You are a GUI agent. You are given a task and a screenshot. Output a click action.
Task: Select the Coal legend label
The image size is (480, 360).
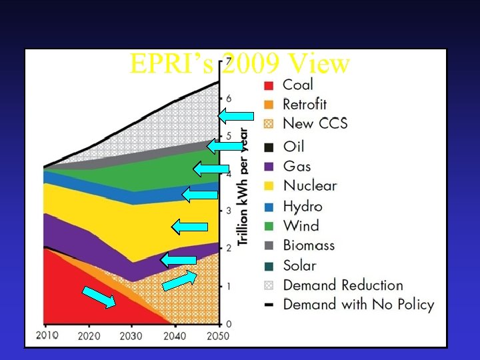tap(298, 85)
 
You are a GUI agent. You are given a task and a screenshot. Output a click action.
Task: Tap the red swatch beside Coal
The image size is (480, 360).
tap(267, 85)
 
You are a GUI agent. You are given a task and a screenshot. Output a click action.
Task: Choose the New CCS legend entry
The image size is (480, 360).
tap(315, 123)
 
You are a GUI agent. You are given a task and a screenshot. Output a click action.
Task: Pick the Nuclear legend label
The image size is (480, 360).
tap(309, 185)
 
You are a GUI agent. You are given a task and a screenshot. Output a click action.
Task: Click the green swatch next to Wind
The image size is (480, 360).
tap(267, 227)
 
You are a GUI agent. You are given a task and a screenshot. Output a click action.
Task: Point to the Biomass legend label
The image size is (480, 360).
tap(309, 245)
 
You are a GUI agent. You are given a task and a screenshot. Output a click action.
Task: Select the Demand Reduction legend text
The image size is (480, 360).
tap(343, 285)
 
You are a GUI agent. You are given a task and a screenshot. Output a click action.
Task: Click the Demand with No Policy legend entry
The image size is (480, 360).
tap(358, 305)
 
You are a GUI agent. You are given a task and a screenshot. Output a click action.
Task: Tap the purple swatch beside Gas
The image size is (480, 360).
tap(267, 167)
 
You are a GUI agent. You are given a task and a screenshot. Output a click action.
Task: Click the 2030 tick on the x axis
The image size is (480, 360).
tap(131, 336)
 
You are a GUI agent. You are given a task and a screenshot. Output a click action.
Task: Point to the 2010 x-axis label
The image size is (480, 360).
tap(46, 335)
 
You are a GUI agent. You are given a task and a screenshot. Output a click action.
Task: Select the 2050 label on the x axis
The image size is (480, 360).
tap(216, 336)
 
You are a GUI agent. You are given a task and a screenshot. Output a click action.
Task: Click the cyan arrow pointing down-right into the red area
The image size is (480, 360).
tap(99, 297)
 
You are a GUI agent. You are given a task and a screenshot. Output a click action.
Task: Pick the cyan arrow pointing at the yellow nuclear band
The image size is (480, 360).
tap(185, 227)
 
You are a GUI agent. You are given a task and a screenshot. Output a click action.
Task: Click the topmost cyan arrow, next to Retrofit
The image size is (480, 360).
tap(237, 117)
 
